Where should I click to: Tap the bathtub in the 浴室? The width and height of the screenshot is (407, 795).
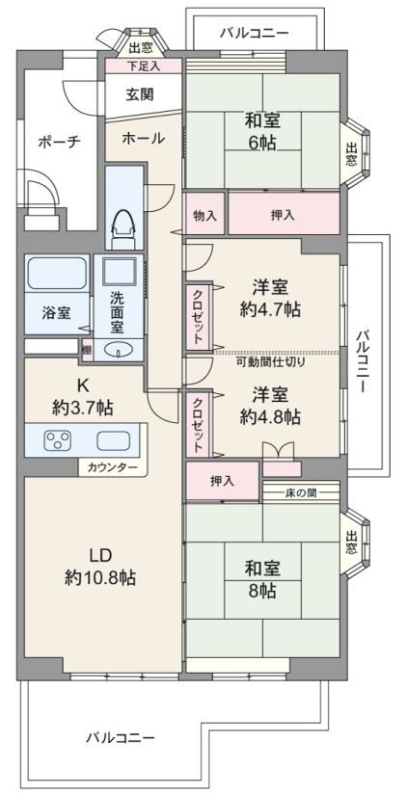pos(57,274)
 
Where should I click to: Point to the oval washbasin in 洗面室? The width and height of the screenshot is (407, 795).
pos(119,350)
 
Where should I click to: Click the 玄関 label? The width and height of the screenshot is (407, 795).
pos(140,94)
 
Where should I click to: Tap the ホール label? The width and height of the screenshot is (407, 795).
pos(144,138)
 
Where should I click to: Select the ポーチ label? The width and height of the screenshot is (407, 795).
pos(60,142)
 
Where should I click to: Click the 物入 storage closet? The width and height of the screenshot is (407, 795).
pos(204,213)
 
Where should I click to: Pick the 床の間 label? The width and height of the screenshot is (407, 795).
pos(301,491)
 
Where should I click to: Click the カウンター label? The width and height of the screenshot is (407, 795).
pos(111,467)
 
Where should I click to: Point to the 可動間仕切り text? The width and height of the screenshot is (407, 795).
pos(271,362)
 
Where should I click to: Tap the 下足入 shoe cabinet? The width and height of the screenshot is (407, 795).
pos(143,66)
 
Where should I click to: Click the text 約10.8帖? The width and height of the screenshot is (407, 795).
pos(100,577)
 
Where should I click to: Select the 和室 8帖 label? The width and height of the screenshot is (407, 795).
pos(262,579)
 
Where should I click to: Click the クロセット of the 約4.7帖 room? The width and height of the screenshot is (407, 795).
pos(198,317)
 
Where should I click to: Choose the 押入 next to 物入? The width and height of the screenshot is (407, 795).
pos(284,213)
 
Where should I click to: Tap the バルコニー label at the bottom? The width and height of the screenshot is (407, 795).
pos(120,737)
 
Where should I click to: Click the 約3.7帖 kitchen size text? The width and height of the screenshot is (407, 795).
pos(82,407)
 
